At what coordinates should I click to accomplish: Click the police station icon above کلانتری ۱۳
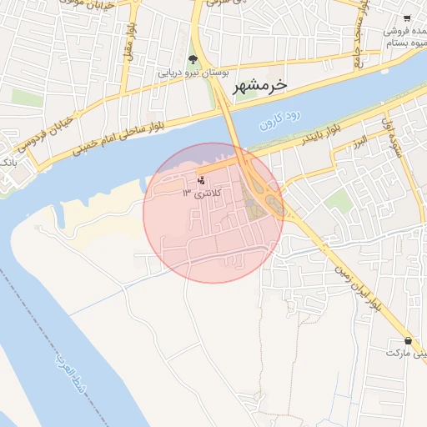[200, 179]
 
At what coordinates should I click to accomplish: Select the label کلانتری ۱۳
[197, 193]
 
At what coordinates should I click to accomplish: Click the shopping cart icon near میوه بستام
[407, 18]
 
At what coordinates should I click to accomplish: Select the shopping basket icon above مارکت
[408, 340]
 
